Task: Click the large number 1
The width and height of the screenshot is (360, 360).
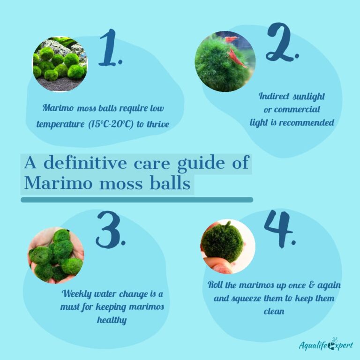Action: point(110,47)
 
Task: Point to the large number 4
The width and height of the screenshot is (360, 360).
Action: point(279,229)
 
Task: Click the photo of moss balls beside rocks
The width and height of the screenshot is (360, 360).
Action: point(60,64)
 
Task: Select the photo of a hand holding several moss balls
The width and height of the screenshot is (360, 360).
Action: point(56,255)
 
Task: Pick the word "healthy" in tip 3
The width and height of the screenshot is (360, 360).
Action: point(112,321)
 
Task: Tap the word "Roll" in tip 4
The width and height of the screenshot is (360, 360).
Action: point(217,285)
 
